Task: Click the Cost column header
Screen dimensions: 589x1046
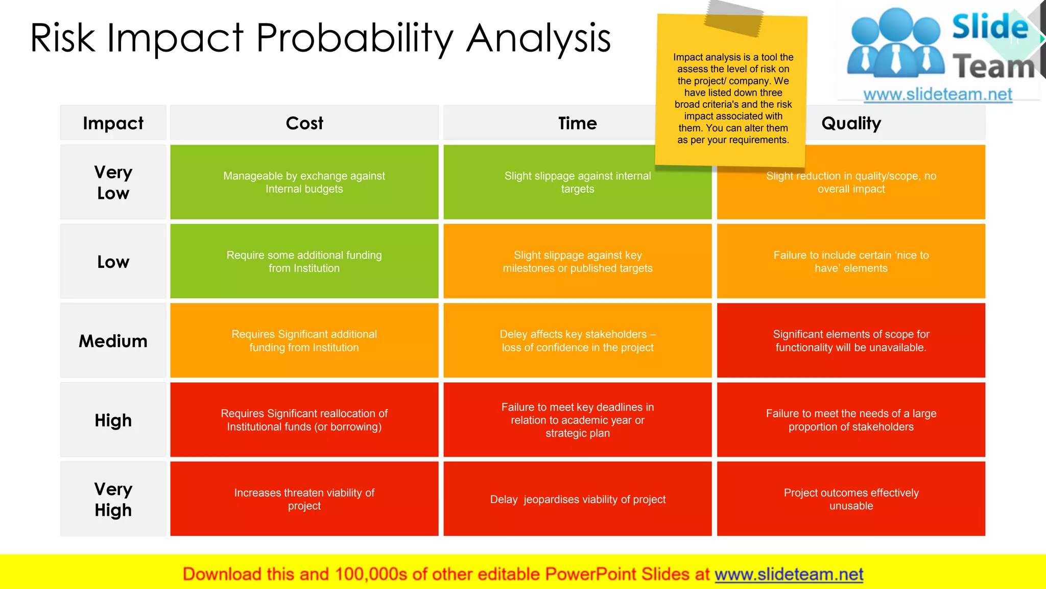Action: pos(304,123)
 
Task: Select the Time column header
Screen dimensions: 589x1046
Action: pos(577,123)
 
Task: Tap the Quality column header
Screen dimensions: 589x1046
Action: pos(851,123)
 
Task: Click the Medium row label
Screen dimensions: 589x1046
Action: pos(113,341)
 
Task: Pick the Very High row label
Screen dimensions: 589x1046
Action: pos(113,499)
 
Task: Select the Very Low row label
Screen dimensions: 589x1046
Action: pos(113,183)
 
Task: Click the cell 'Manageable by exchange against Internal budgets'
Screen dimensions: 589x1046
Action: pos(304,183)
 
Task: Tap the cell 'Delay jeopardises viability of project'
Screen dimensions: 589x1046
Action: pos(577,499)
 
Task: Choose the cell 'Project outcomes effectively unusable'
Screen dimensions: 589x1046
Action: pos(851,499)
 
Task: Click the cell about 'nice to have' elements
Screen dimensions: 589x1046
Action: pos(851,261)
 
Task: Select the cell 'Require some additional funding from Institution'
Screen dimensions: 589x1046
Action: pos(304,261)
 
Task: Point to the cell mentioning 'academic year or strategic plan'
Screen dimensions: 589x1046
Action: pos(577,420)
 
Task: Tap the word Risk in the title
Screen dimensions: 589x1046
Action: pos(62,38)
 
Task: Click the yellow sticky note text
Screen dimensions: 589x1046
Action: pos(733,99)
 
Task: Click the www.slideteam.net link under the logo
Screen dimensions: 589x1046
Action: pos(937,95)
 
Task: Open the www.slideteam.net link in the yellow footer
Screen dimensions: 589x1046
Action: pos(789,574)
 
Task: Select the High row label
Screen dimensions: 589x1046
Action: pos(113,420)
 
